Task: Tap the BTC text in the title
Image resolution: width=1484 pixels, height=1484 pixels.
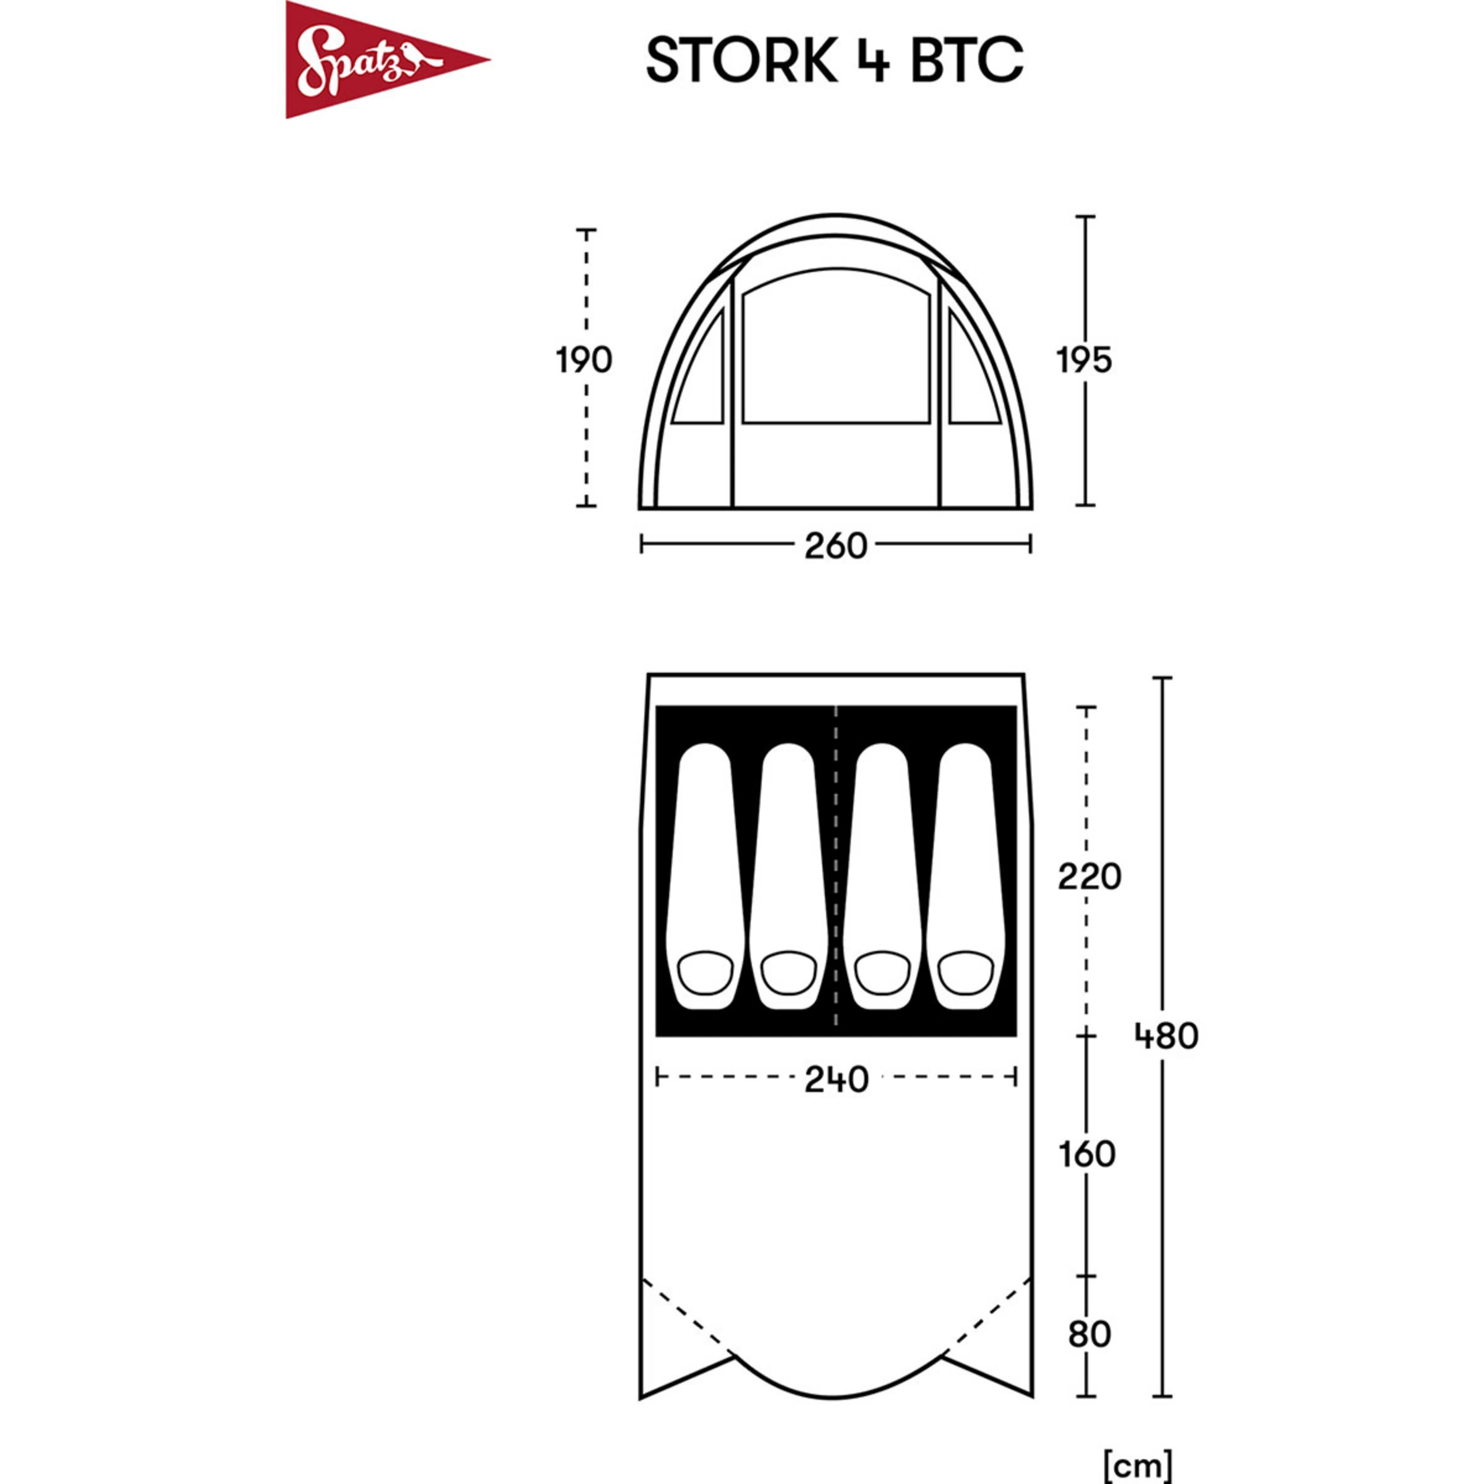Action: [967, 60]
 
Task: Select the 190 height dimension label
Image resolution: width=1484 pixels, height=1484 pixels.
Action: [584, 360]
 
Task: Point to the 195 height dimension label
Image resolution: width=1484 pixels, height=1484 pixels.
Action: [1084, 360]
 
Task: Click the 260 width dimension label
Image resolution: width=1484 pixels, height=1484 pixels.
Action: [836, 546]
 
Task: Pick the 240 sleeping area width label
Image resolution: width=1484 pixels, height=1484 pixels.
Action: [837, 1079]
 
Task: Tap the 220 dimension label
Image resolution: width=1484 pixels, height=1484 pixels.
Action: [1089, 876]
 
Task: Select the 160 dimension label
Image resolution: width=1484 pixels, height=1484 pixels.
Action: [1086, 1154]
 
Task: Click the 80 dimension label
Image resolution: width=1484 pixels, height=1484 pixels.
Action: [1088, 1334]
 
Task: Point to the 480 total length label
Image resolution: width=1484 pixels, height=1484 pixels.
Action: [1166, 1037]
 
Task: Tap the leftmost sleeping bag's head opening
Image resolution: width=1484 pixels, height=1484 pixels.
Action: [707, 971]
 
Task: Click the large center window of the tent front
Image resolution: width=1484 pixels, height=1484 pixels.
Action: [836, 349]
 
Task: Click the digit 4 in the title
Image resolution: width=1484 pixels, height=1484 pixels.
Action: [872, 60]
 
